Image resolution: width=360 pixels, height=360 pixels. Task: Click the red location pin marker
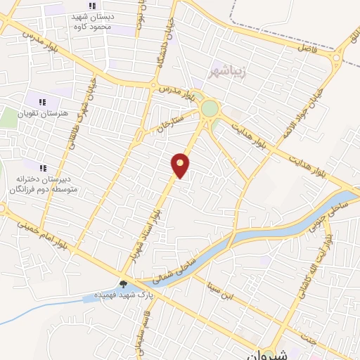(x=181, y=165)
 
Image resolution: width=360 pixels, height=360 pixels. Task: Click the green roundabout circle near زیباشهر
(x=210, y=109)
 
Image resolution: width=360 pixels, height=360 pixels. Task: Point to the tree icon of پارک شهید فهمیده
(x=124, y=284)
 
